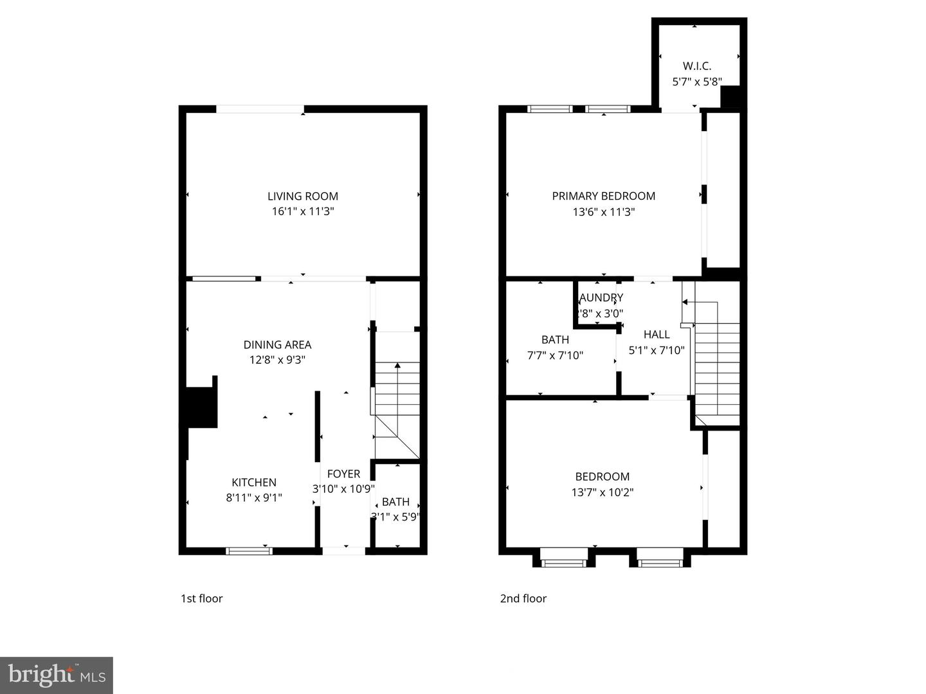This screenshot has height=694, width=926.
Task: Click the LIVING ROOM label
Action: coord(302,196)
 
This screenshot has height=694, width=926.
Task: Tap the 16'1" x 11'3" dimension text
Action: coord(302,211)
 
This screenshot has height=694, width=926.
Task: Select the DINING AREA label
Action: coord(277,344)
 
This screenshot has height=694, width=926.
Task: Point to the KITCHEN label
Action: coord(254,482)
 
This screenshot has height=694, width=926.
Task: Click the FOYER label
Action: coord(343,474)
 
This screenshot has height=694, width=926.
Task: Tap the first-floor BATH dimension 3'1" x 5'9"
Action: coord(395,516)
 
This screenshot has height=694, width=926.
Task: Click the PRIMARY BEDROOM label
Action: coord(603,196)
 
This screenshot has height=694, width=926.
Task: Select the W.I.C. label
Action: coord(696,66)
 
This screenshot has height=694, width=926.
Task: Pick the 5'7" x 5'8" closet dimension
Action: coord(696,82)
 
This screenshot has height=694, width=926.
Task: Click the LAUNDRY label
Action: coord(601,298)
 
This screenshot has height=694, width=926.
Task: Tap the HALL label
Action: coord(657,334)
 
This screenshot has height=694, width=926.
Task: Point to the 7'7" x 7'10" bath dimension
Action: coord(555,355)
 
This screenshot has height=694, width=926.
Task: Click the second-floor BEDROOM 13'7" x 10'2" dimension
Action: coord(602,492)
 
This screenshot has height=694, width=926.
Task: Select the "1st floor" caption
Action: coord(201,598)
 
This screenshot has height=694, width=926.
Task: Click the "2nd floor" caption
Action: coord(523,598)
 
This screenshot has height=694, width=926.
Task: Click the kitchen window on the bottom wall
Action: coord(249,551)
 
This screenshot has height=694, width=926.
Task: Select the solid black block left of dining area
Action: coord(201,407)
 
